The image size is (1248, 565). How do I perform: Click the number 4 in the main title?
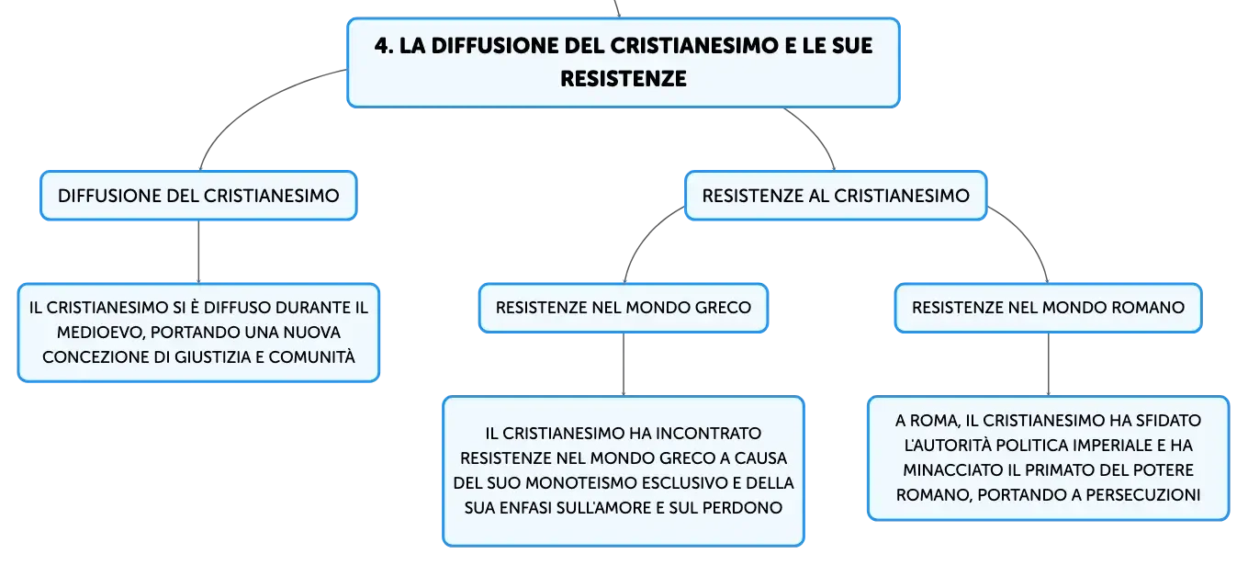(x=382, y=46)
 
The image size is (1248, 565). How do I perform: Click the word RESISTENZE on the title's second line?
(x=624, y=79)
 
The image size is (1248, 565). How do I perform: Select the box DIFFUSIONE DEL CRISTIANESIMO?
(x=198, y=196)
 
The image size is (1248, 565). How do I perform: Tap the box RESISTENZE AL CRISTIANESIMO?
(x=836, y=196)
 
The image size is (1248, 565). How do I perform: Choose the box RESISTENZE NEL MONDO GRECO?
(x=624, y=308)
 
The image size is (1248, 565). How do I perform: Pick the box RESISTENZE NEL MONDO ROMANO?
(x=1048, y=308)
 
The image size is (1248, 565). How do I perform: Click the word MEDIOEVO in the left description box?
(x=101, y=333)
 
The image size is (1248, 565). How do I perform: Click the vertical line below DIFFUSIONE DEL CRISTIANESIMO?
(x=198, y=252)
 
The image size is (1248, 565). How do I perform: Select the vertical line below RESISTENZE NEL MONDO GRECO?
(x=624, y=365)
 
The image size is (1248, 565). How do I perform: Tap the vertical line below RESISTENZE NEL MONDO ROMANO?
(x=1049, y=365)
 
